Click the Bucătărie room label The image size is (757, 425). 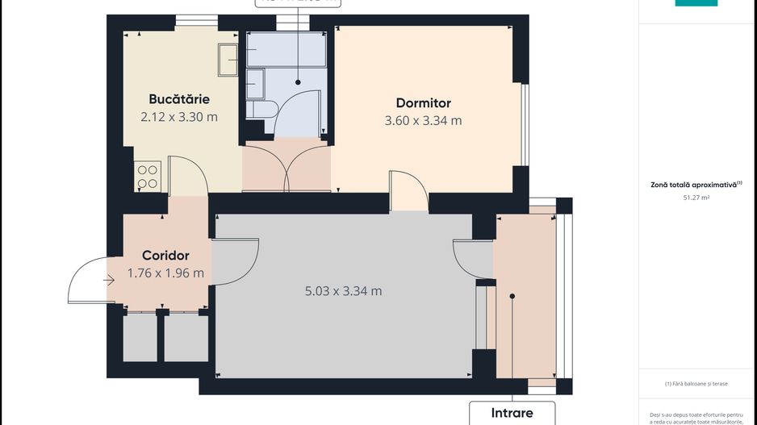tap(179, 99)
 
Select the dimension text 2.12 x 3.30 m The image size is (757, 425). tap(179, 117)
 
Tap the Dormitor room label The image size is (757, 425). tap(423, 103)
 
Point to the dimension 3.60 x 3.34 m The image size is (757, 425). tap(423, 121)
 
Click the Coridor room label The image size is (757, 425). tap(165, 256)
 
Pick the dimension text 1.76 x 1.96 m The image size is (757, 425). tap(165, 273)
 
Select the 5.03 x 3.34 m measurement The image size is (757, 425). tap(343, 291)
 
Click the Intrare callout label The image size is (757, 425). tap(512, 413)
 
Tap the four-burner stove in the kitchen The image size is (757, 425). tap(148, 177)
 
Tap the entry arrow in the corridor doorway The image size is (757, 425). tap(109, 281)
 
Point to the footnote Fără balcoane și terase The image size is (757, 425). tap(696, 384)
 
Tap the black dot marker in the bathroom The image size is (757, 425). tap(298, 81)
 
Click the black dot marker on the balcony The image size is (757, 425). tap(512, 297)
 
